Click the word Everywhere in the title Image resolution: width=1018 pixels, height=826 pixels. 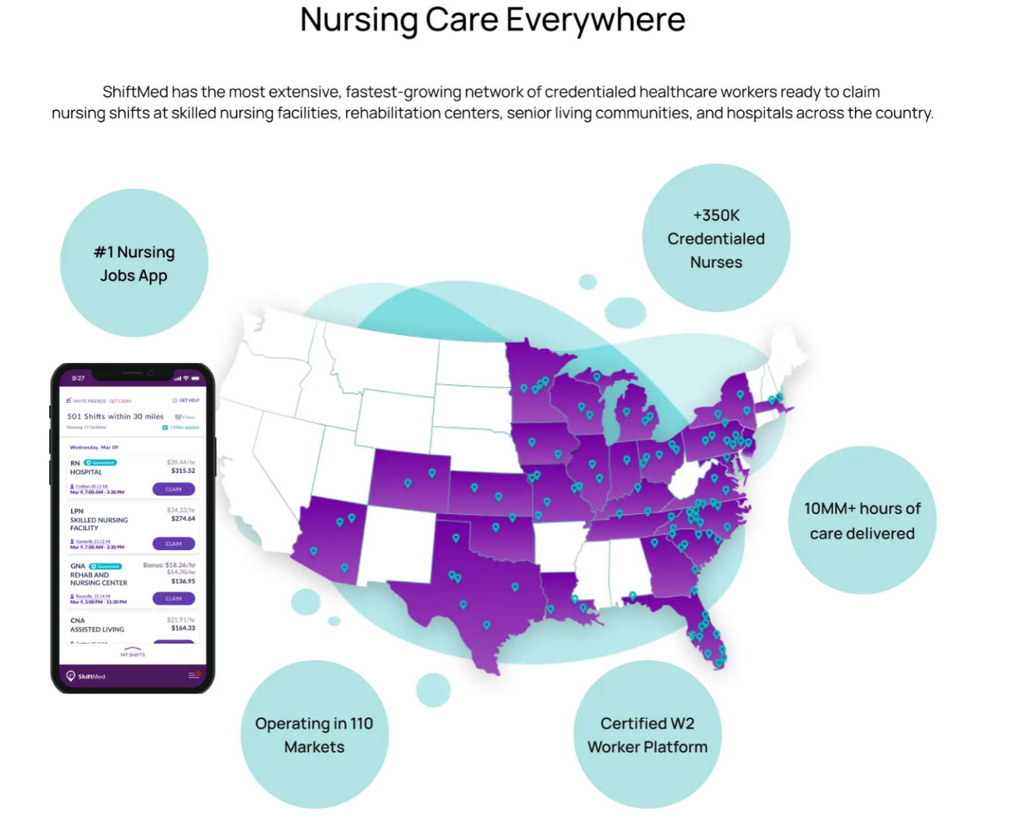(x=595, y=20)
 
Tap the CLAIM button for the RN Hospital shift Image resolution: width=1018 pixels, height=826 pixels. (x=174, y=489)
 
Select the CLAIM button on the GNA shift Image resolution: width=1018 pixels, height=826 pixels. (x=174, y=598)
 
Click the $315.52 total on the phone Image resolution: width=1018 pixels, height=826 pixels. (x=183, y=471)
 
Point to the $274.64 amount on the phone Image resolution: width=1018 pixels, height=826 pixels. (x=183, y=519)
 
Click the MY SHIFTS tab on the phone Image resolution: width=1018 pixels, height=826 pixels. (x=133, y=654)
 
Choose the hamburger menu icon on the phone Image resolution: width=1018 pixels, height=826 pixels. (x=193, y=675)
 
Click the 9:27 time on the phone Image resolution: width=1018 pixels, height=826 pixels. (x=78, y=378)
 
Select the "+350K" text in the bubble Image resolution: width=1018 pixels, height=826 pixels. (x=716, y=216)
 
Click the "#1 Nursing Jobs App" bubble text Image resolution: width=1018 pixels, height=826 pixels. (x=134, y=263)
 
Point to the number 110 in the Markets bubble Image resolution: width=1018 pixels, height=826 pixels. (x=361, y=724)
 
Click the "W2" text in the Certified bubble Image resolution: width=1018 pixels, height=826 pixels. (x=682, y=724)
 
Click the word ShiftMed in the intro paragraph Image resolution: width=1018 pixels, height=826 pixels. (x=135, y=92)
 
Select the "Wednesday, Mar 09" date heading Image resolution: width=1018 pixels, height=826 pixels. (x=94, y=447)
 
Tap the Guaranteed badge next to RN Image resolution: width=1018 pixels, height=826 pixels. (x=101, y=462)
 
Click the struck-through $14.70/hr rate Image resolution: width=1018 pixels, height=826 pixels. (x=181, y=572)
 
